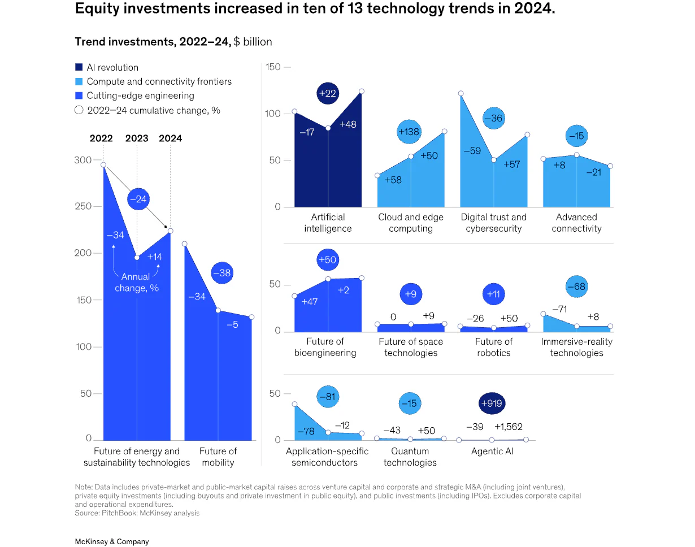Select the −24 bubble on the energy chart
click(x=138, y=199)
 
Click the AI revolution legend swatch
click(x=79, y=67)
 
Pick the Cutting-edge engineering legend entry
click(x=140, y=96)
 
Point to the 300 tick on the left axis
click(x=82, y=160)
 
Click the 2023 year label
click(x=136, y=138)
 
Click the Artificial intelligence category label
click(x=328, y=223)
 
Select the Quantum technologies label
click(x=410, y=457)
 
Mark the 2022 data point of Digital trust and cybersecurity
click(x=461, y=93)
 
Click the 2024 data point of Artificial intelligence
click(x=362, y=91)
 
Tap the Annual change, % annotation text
click(x=137, y=283)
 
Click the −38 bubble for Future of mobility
click(x=223, y=273)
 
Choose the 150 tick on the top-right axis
click(x=273, y=67)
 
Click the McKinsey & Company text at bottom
click(x=112, y=541)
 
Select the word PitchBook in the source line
click(x=117, y=513)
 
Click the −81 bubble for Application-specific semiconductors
click(x=328, y=397)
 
